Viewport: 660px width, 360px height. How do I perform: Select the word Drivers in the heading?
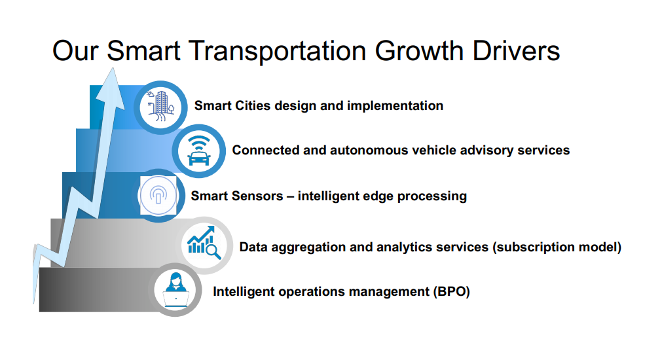pos(516,51)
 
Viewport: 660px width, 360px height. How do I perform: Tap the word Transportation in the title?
pos(278,52)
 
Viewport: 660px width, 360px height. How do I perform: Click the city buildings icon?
pos(160,107)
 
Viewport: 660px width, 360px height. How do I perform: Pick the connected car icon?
pos(198,151)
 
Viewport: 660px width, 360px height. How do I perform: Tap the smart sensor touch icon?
pos(158,196)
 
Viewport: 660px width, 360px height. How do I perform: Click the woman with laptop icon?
pos(175,290)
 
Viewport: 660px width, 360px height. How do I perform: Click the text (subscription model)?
pos(557,247)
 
